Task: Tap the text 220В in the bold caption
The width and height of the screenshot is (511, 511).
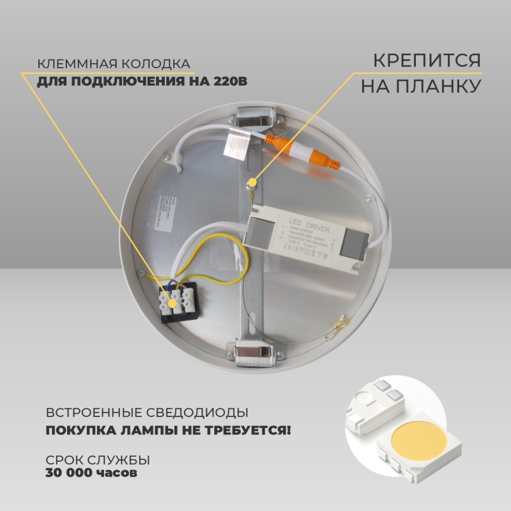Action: coord(229,82)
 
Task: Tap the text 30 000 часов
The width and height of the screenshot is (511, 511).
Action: coord(91,473)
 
